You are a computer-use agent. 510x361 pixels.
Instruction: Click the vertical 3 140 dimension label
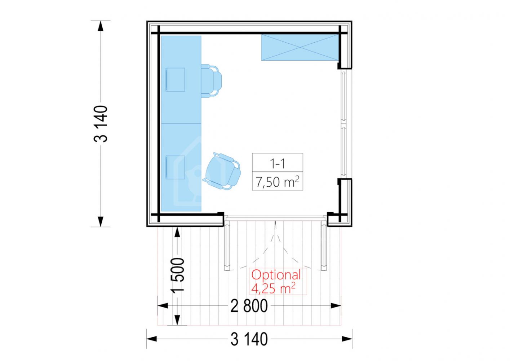tap(101, 124)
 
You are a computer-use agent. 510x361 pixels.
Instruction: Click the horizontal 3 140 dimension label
tap(249, 339)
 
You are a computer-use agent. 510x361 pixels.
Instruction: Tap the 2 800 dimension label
tap(249, 306)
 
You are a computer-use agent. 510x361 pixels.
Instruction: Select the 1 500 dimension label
tap(177, 274)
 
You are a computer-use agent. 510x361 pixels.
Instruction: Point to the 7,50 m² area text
tap(277, 182)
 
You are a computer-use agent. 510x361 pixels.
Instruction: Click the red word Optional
tap(276, 275)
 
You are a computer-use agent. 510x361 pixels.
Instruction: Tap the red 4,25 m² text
tap(273, 288)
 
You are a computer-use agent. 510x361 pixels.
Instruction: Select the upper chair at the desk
tap(211, 81)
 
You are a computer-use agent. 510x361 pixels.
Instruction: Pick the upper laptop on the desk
tap(175, 79)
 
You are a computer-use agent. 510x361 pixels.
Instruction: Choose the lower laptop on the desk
tap(175, 168)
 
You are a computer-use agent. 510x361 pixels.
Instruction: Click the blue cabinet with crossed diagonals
tap(300, 47)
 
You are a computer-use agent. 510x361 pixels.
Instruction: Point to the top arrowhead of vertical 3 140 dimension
tap(101, 26)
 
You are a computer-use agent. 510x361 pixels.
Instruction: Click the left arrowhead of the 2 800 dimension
tap(163, 306)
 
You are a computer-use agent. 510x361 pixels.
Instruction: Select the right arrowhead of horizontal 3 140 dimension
tap(347, 339)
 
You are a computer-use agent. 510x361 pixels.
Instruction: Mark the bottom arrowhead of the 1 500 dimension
tap(177, 320)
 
